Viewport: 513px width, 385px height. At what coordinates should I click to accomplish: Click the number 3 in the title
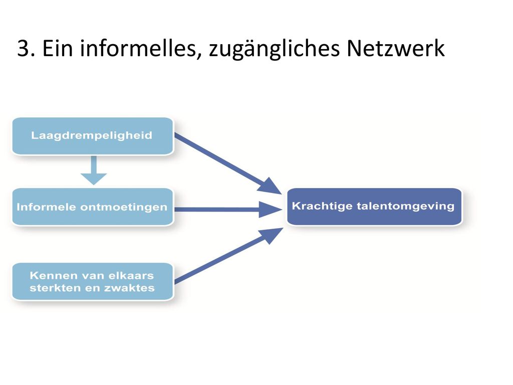[23, 49]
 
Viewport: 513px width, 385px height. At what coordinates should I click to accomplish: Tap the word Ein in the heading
[57, 48]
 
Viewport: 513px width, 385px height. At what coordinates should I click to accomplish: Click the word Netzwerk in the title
[396, 48]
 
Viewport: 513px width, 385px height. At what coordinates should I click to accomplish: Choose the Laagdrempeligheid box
[93, 136]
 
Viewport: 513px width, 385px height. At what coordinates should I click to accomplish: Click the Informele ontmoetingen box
[93, 207]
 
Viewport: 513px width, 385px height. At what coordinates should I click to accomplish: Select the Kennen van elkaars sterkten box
[93, 282]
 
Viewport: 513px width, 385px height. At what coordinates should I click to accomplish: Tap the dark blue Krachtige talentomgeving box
[374, 207]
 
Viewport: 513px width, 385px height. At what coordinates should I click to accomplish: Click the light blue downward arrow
[94, 170]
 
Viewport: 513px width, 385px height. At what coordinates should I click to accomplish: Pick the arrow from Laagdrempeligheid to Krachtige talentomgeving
[228, 163]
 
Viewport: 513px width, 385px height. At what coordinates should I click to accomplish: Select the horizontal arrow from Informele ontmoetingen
[228, 210]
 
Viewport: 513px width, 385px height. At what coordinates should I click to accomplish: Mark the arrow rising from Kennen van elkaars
[228, 256]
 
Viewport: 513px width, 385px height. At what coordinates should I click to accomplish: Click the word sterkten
[55, 288]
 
